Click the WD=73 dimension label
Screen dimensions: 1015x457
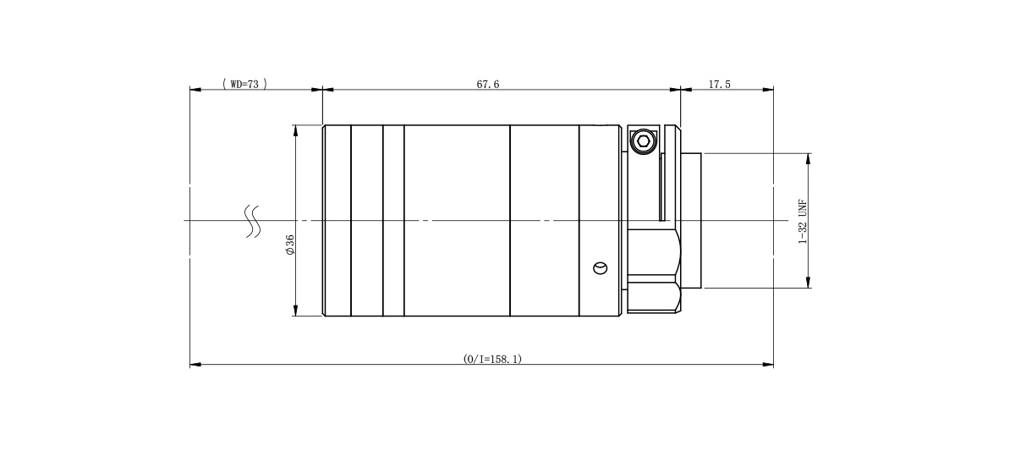tap(244, 84)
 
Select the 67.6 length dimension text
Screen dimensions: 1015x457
tap(487, 85)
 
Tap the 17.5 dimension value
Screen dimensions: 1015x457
tap(720, 85)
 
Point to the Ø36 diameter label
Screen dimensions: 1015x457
tap(290, 245)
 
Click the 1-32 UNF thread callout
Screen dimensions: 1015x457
tap(803, 221)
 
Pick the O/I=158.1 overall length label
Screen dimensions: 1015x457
tap(492, 359)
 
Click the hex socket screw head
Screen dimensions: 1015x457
tap(643, 141)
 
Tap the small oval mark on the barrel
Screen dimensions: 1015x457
tap(601, 268)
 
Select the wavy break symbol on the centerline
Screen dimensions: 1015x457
tap(253, 221)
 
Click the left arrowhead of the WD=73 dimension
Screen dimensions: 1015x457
tap(195, 90)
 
